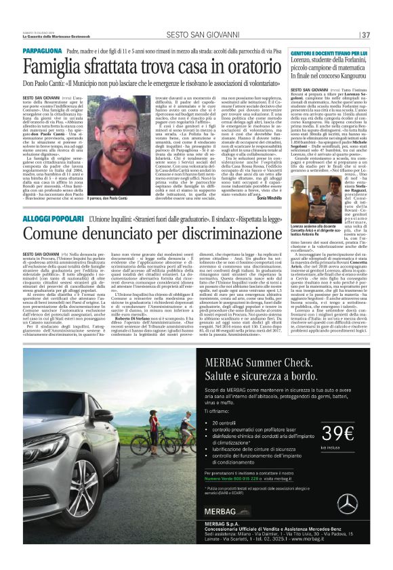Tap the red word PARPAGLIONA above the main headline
click(x=44, y=51)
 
